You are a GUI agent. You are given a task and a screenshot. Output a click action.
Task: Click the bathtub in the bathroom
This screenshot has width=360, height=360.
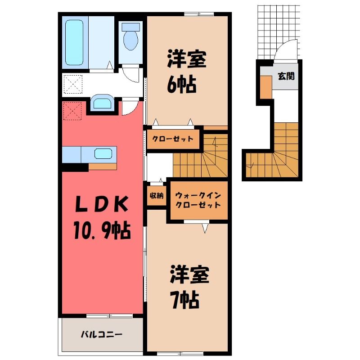pyautogui.click(x=74, y=42)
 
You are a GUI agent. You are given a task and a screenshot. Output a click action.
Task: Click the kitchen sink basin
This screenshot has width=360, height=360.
pyautogui.click(x=103, y=153)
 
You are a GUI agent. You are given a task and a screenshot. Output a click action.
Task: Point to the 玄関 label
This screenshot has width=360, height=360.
pyautogui.click(x=286, y=76)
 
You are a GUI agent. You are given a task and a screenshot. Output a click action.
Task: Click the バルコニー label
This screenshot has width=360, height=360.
pyautogui.click(x=101, y=334)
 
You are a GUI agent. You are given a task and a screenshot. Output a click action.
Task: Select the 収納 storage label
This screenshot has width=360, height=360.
pyautogui.click(x=157, y=196)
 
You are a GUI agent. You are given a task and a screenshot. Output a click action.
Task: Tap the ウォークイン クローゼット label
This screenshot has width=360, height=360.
pyautogui.click(x=198, y=200)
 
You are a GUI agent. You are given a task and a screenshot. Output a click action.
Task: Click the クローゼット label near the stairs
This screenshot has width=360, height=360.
pyautogui.click(x=173, y=139)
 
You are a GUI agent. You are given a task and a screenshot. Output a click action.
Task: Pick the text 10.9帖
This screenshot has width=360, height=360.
pyautogui.click(x=102, y=230)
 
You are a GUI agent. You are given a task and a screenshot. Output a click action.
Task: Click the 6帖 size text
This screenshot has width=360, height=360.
pyautogui.click(x=182, y=85)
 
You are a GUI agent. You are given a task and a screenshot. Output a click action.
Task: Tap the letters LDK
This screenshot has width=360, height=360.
pyautogui.click(x=102, y=204)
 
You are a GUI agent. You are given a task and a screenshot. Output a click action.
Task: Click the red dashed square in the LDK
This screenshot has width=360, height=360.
pyautogui.click(x=72, y=111)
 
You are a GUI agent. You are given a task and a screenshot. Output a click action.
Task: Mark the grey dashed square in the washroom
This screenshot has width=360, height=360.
pyautogui.click(x=73, y=84)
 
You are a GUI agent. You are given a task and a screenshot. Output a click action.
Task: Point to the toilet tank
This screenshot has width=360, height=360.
pyautogui.click(x=130, y=27)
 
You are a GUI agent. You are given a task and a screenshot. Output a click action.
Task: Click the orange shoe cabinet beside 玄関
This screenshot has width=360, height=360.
pyautogui.click(x=266, y=87)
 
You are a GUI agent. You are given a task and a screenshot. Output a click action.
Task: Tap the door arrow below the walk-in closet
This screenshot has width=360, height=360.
pyautogui.click(x=205, y=229)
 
